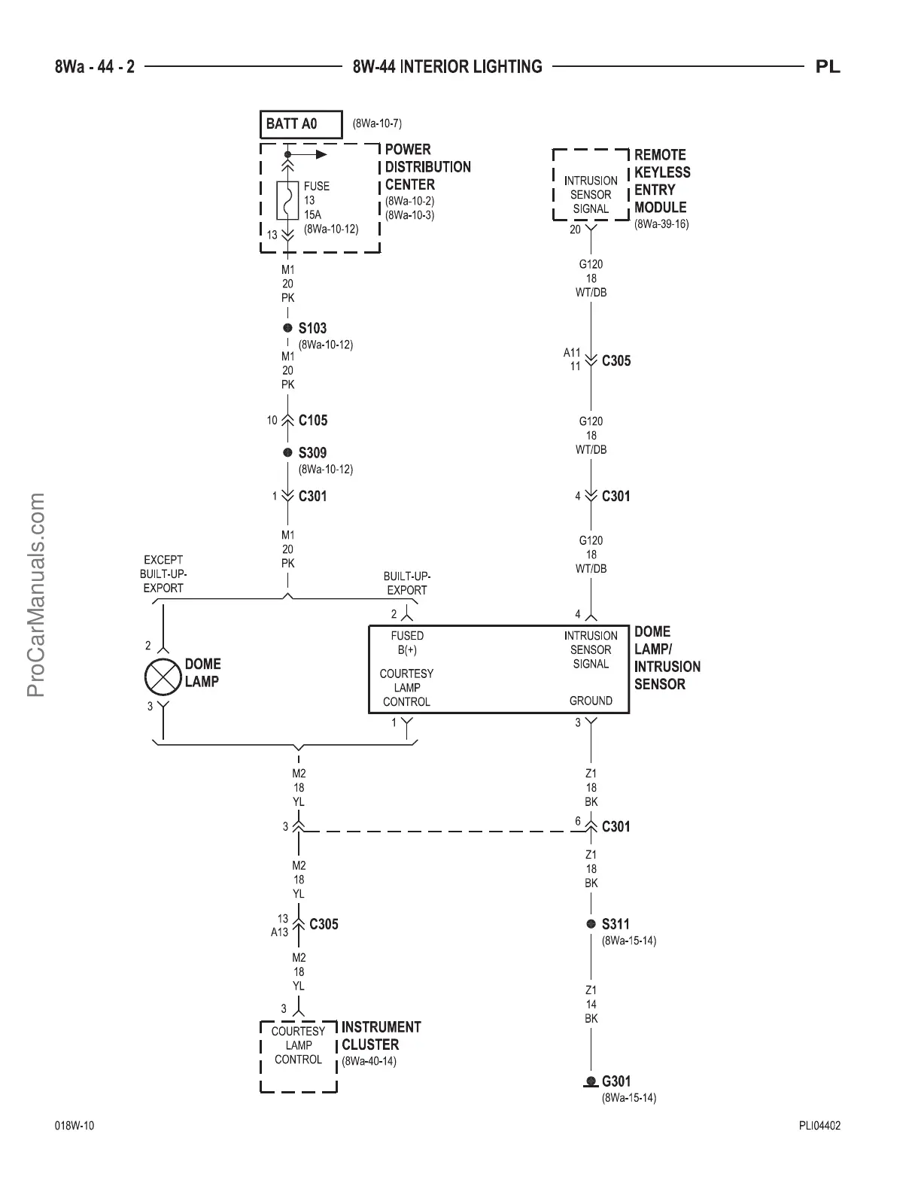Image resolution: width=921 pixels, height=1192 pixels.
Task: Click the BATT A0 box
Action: [301, 124]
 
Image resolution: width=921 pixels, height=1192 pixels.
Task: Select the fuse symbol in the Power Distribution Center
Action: [287, 200]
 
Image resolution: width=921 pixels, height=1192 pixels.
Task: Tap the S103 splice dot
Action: [287, 328]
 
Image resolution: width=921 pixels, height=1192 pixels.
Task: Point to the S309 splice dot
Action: [287, 452]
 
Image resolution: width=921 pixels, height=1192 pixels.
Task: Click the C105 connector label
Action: [313, 421]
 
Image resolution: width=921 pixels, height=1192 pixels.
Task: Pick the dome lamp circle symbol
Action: [163, 674]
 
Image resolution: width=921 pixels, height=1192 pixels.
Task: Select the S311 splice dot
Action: [591, 923]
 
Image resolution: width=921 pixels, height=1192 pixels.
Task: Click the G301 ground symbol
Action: [591, 1082]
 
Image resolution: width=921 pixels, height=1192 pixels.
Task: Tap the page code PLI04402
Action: [819, 1127]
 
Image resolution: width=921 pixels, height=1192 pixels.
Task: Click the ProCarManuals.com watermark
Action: [37, 594]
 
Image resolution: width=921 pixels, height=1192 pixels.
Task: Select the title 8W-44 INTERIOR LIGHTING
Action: [447, 67]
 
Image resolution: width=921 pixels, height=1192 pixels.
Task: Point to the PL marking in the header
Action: [828, 67]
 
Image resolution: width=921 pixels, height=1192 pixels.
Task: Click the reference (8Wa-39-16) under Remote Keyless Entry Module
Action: [661, 224]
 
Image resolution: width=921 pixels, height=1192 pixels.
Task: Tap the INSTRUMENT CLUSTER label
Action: [381, 1035]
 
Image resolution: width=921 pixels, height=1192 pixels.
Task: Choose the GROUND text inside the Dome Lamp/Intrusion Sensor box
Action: [591, 701]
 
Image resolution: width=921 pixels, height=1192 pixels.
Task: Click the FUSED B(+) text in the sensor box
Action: [407, 643]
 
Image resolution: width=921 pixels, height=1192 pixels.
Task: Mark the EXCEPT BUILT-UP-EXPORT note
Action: [163, 573]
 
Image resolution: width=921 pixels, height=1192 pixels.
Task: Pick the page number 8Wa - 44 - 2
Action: [95, 67]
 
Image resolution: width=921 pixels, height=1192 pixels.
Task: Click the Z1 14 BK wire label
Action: [591, 1004]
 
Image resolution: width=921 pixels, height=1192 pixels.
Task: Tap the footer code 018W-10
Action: [74, 1127]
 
